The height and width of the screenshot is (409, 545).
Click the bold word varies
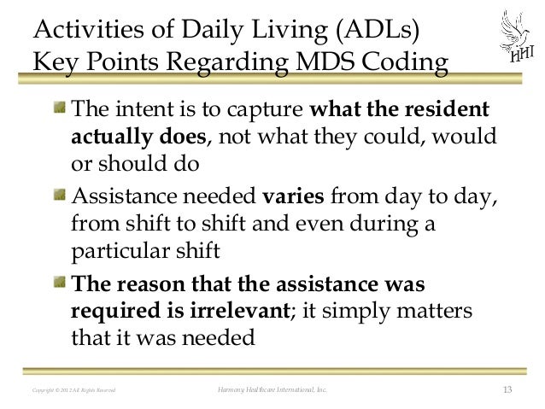(x=293, y=198)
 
